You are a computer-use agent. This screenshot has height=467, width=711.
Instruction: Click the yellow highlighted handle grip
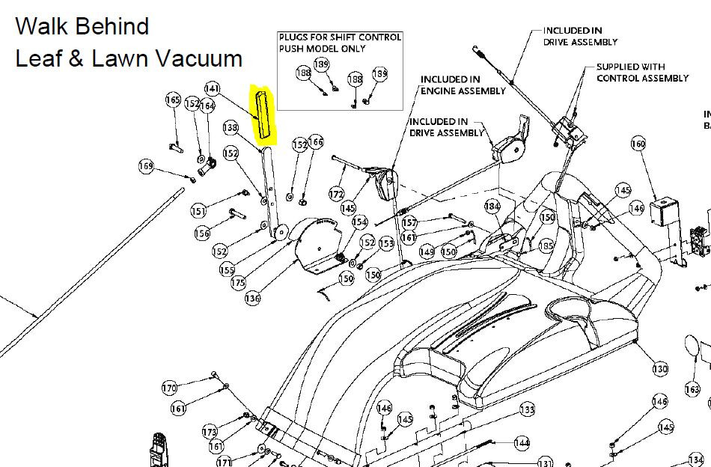[x=263, y=115]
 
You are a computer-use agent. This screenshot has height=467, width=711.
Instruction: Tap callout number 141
[x=213, y=88]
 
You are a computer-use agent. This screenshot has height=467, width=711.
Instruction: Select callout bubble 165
[x=173, y=100]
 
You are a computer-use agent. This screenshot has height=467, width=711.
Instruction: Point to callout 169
[x=146, y=166]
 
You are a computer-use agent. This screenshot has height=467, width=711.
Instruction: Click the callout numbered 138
[x=231, y=128]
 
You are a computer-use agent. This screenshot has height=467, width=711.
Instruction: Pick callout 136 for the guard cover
[x=252, y=298]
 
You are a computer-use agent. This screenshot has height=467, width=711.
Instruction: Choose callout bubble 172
[x=337, y=195]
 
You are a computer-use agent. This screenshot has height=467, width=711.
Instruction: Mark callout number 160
[x=638, y=144]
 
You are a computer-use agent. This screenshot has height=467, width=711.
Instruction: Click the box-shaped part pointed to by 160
[x=664, y=211]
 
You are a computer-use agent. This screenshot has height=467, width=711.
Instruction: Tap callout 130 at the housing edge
[x=660, y=369]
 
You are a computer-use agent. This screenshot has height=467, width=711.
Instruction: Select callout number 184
[x=492, y=207]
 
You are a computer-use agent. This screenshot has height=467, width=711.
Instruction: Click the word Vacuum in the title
[x=198, y=59]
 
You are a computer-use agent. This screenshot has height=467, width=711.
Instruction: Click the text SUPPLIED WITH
[x=630, y=67]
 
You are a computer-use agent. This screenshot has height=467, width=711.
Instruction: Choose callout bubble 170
[x=169, y=388]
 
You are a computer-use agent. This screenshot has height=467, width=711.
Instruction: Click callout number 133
[x=527, y=410]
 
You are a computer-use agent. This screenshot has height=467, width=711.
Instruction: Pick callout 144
[x=522, y=442]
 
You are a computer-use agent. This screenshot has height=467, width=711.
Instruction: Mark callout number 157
[x=409, y=222]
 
